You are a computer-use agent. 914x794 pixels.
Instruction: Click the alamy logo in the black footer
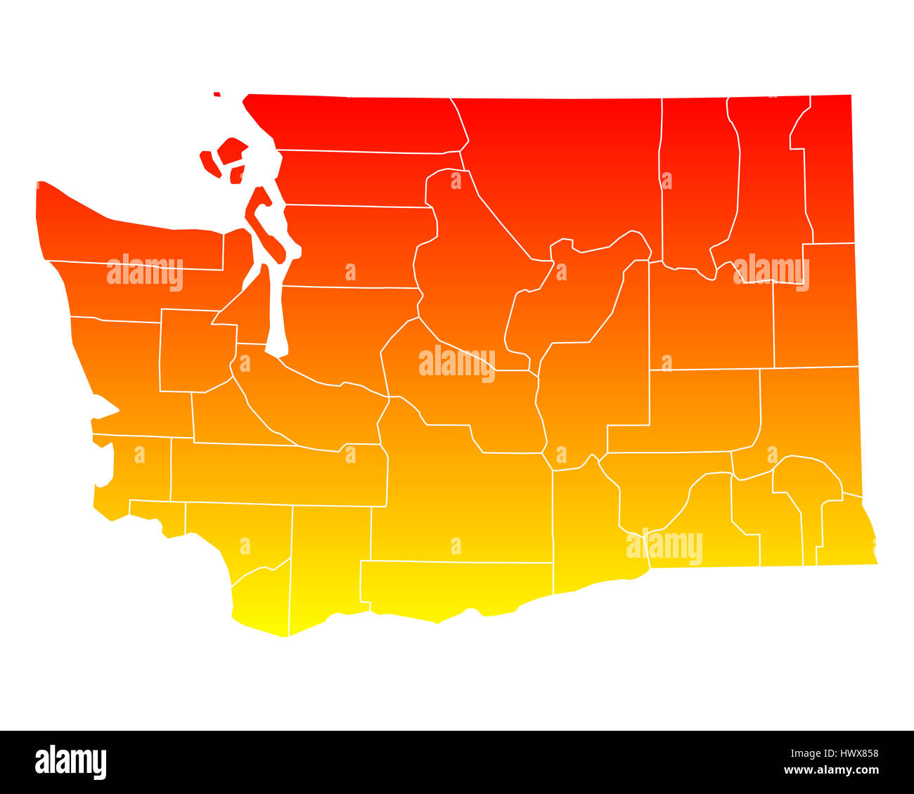(x=71, y=762)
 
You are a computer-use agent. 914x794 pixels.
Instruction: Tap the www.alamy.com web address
(x=835, y=770)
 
